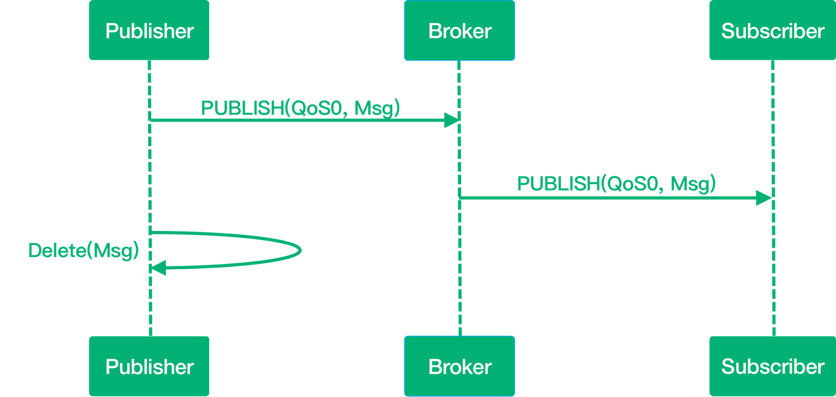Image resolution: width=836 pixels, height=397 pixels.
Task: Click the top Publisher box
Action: click(x=149, y=31)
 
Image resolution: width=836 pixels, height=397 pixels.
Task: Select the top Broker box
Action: click(x=459, y=31)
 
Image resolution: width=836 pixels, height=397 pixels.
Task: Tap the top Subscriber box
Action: click(x=772, y=31)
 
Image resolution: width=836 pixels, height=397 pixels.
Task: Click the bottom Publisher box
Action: click(x=149, y=366)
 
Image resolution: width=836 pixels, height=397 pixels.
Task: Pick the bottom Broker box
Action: click(x=459, y=366)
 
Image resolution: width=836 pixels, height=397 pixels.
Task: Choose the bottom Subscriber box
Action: click(x=772, y=366)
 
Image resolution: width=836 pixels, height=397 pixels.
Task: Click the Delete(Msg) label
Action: click(x=84, y=250)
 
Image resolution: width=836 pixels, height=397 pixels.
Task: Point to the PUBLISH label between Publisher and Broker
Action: click(x=301, y=108)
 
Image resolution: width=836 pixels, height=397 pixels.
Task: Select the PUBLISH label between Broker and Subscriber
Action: click(x=616, y=184)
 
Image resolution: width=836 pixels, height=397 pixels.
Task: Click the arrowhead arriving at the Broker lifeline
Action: click(x=451, y=120)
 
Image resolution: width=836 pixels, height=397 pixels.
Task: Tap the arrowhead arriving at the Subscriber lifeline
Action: click(x=763, y=198)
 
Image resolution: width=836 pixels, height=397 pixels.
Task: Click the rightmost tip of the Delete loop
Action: click(x=302, y=251)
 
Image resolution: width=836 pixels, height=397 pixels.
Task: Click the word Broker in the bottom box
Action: click(x=459, y=366)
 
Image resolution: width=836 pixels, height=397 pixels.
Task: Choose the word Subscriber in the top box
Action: click(x=772, y=31)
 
